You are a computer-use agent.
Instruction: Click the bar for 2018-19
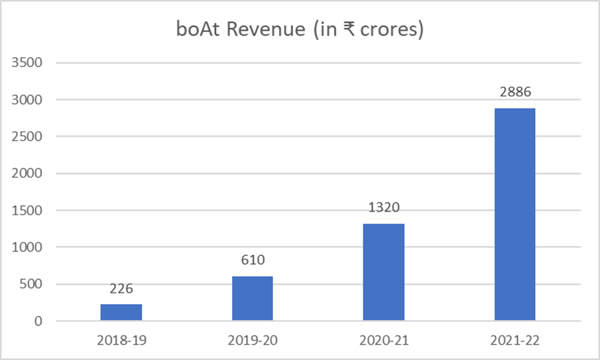[x=121, y=313]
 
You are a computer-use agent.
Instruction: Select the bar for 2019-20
[x=252, y=298]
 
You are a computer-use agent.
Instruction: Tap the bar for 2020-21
[x=383, y=272]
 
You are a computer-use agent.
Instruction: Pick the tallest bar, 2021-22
[x=514, y=215]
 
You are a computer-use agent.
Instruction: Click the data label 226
[x=121, y=289]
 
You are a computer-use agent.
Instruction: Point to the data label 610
[x=252, y=260]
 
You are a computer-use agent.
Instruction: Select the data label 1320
[x=383, y=208]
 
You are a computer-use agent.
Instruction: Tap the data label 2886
[x=514, y=92]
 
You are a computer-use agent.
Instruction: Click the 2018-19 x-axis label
[x=121, y=340]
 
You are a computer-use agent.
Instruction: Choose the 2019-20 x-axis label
[x=252, y=340]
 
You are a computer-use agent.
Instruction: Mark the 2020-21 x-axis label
[x=383, y=340]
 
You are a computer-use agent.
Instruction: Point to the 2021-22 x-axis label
[x=514, y=340]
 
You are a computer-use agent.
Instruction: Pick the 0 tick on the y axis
[x=38, y=321]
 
